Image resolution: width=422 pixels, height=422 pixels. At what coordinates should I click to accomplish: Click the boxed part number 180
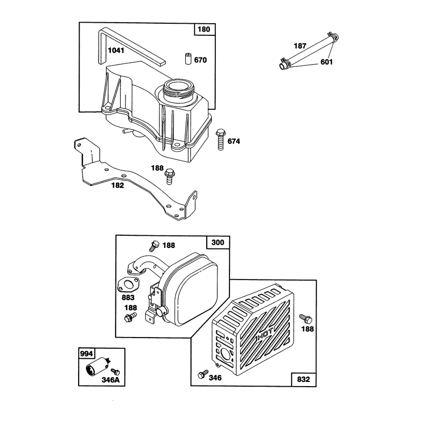(x=204, y=29)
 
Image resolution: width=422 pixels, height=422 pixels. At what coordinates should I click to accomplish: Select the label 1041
(x=116, y=50)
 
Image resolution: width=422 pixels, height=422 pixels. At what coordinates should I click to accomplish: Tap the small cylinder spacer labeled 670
(x=188, y=59)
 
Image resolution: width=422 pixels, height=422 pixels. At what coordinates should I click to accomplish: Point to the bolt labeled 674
(x=220, y=139)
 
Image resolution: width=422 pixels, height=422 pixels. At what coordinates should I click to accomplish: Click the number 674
(x=234, y=141)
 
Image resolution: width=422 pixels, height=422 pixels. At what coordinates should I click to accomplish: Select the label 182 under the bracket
(x=118, y=186)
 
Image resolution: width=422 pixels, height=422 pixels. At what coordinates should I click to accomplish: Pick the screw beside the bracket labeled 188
(x=169, y=176)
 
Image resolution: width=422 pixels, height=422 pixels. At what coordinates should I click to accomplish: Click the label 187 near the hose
(x=300, y=46)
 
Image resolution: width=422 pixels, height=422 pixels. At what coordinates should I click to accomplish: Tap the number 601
(x=327, y=62)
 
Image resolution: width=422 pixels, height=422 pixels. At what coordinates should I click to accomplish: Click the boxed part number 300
(x=218, y=243)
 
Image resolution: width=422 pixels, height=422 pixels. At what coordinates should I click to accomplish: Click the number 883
(x=128, y=298)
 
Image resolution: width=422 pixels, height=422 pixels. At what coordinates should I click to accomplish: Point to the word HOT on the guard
(x=266, y=334)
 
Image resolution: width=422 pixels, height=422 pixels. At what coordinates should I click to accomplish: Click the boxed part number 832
(x=303, y=379)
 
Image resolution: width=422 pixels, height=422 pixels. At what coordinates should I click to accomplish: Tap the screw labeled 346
(x=203, y=374)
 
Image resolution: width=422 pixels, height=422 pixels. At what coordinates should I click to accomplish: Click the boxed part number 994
(x=86, y=353)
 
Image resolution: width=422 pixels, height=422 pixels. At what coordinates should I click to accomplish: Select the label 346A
(x=111, y=380)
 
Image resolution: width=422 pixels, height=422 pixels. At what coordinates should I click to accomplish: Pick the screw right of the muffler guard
(x=306, y=319)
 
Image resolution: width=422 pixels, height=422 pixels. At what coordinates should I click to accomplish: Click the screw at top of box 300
(x=154, y=246)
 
